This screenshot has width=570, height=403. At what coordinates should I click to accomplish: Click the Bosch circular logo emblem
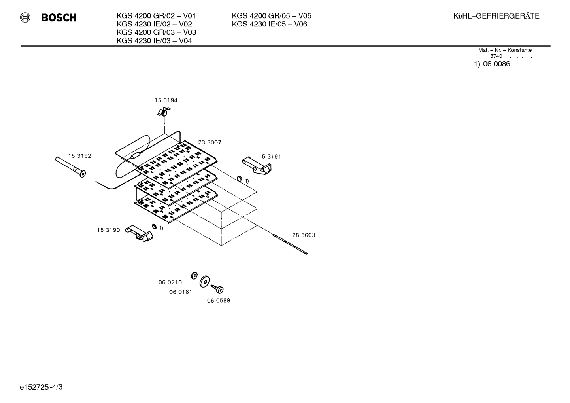25,17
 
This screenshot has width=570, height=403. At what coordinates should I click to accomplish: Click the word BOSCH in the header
59,17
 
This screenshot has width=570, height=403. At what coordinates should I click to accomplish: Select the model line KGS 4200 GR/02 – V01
156,16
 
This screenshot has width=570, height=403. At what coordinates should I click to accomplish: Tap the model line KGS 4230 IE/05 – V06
270,24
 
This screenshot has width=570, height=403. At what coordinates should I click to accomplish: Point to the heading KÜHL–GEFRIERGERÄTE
496,16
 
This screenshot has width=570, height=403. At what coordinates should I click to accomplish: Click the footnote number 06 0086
496,64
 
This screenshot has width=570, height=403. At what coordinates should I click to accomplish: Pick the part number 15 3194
166,100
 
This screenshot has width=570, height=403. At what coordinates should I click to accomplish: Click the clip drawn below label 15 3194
163,112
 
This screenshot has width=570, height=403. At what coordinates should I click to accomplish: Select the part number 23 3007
210,142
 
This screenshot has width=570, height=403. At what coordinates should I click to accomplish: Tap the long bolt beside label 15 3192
70,167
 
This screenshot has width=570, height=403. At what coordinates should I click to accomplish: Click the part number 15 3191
270,156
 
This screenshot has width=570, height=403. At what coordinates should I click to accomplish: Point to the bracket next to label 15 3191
257,166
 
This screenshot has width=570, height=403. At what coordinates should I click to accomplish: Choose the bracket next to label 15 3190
140,233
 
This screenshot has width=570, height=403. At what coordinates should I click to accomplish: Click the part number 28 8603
304,235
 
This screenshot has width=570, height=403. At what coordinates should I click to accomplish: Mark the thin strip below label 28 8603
290,244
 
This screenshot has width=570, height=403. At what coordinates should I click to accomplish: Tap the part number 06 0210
170,282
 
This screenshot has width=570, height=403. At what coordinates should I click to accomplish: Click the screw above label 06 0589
217,289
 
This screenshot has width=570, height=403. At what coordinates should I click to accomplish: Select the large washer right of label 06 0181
205,281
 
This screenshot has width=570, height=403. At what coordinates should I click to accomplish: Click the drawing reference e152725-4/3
41,387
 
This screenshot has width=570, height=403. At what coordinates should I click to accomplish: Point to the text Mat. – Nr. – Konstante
505,50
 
